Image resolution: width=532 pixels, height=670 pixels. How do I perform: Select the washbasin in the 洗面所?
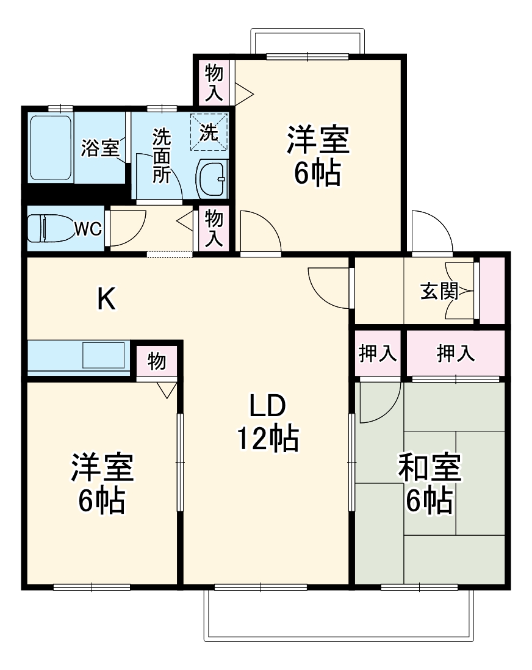(x=212, y=179)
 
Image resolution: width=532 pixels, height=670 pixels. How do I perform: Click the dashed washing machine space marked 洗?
(x=209, y=131)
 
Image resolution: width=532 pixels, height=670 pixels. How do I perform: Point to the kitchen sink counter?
(x=79, y=356)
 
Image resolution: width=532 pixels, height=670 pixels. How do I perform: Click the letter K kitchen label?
(x=107, y=299)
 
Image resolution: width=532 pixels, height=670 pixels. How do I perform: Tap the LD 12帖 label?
(x=267, y=421)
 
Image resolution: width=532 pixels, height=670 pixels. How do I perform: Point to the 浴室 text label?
(x=100, y=148)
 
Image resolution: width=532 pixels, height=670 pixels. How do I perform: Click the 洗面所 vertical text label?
(x=161, y=156)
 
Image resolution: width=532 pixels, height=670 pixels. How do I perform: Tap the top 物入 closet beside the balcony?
(x=214, y=82)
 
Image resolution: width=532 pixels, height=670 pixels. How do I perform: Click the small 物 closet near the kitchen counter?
(x=157, y=362)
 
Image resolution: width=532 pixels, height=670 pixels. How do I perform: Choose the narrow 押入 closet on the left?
(x=378, y=354)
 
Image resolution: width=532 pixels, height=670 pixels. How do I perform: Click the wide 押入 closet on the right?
(x=456, y=354)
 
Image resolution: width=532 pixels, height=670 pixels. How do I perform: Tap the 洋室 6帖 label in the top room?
(x=317, y=155)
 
